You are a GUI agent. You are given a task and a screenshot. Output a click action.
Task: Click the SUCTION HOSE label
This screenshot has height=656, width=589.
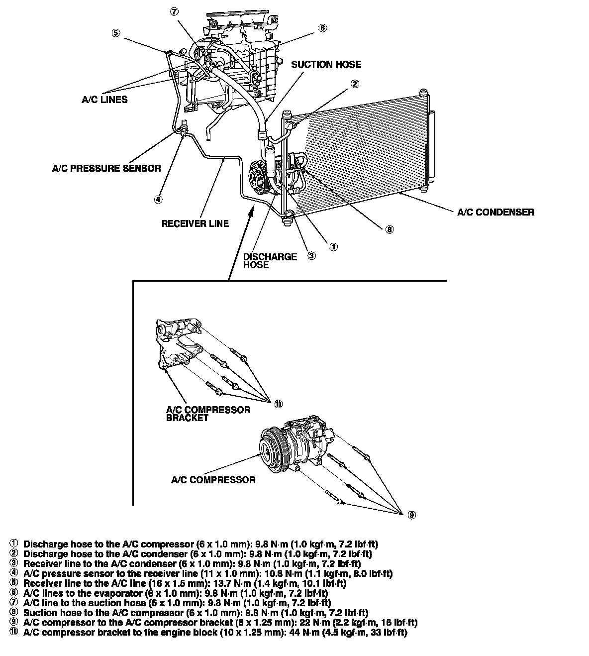coord(326,65)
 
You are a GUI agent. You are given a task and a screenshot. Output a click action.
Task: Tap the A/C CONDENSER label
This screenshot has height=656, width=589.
coord(495,212)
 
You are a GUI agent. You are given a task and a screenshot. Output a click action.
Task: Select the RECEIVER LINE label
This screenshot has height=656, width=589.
coord(195,224)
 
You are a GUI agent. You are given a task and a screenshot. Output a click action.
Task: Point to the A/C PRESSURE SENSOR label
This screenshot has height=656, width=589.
coord(106,168)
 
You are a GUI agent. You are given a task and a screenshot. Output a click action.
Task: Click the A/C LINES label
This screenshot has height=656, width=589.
coord(104,100)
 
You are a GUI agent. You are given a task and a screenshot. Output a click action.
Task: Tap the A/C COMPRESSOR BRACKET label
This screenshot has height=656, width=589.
coord(208,414)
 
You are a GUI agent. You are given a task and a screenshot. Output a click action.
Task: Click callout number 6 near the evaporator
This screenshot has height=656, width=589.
coord(323,28)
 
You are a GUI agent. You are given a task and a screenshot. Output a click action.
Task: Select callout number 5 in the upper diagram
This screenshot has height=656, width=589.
coord(115,33)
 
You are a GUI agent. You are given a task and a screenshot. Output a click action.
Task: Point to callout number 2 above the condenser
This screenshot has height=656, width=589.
coord(355,84)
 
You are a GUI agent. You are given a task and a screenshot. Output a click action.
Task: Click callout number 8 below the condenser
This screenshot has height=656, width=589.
coord(389,229)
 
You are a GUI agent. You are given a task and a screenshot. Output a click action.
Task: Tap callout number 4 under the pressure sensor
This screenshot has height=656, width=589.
coord(158,200)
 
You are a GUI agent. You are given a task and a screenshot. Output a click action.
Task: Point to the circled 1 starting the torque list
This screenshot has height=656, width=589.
coord(14,544)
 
